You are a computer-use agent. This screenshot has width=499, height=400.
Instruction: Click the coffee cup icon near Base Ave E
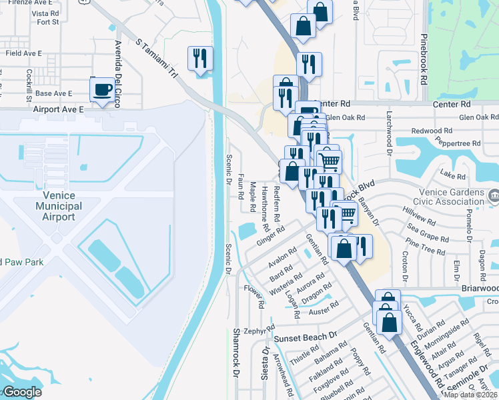point(103,90)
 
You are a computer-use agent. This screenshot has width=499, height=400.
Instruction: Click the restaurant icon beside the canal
point(199,59)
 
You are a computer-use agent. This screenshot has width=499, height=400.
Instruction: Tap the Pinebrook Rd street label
point(423,60)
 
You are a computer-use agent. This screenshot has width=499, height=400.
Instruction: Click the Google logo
point(22,392)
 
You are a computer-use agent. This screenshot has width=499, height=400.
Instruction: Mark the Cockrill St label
point(29,81)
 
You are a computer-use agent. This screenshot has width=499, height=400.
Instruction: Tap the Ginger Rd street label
point(270,235)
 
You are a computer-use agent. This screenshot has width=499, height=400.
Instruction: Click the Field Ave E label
point(23,53)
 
